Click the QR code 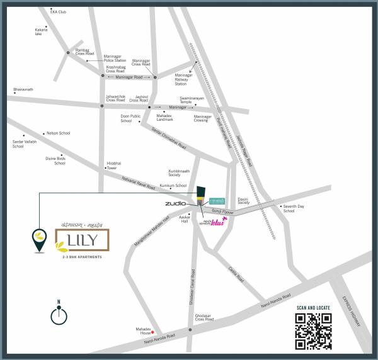(314, 330)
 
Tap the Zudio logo (178, 204)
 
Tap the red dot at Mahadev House (152, 332)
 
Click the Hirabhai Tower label (113, 166)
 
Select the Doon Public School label (130, 118)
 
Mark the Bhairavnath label (23, 89)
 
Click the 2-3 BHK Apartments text (78, 256)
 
